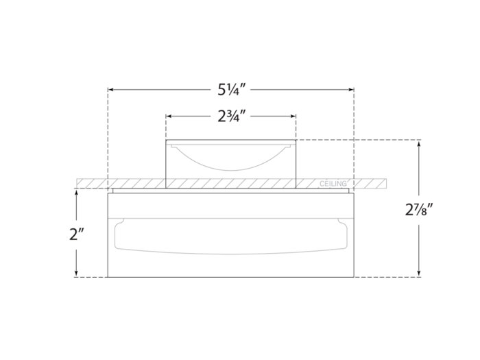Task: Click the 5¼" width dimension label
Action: (230, 89)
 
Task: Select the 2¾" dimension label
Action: (232, 116)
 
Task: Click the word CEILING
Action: (334, 184)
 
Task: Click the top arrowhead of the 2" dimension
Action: (76, 193)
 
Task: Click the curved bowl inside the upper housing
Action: (231, 160)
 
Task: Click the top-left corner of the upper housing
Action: (167, 141)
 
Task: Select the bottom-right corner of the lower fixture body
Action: (354, 277)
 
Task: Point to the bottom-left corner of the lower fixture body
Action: (108, 277)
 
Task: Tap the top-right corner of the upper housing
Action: (296, 141)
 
